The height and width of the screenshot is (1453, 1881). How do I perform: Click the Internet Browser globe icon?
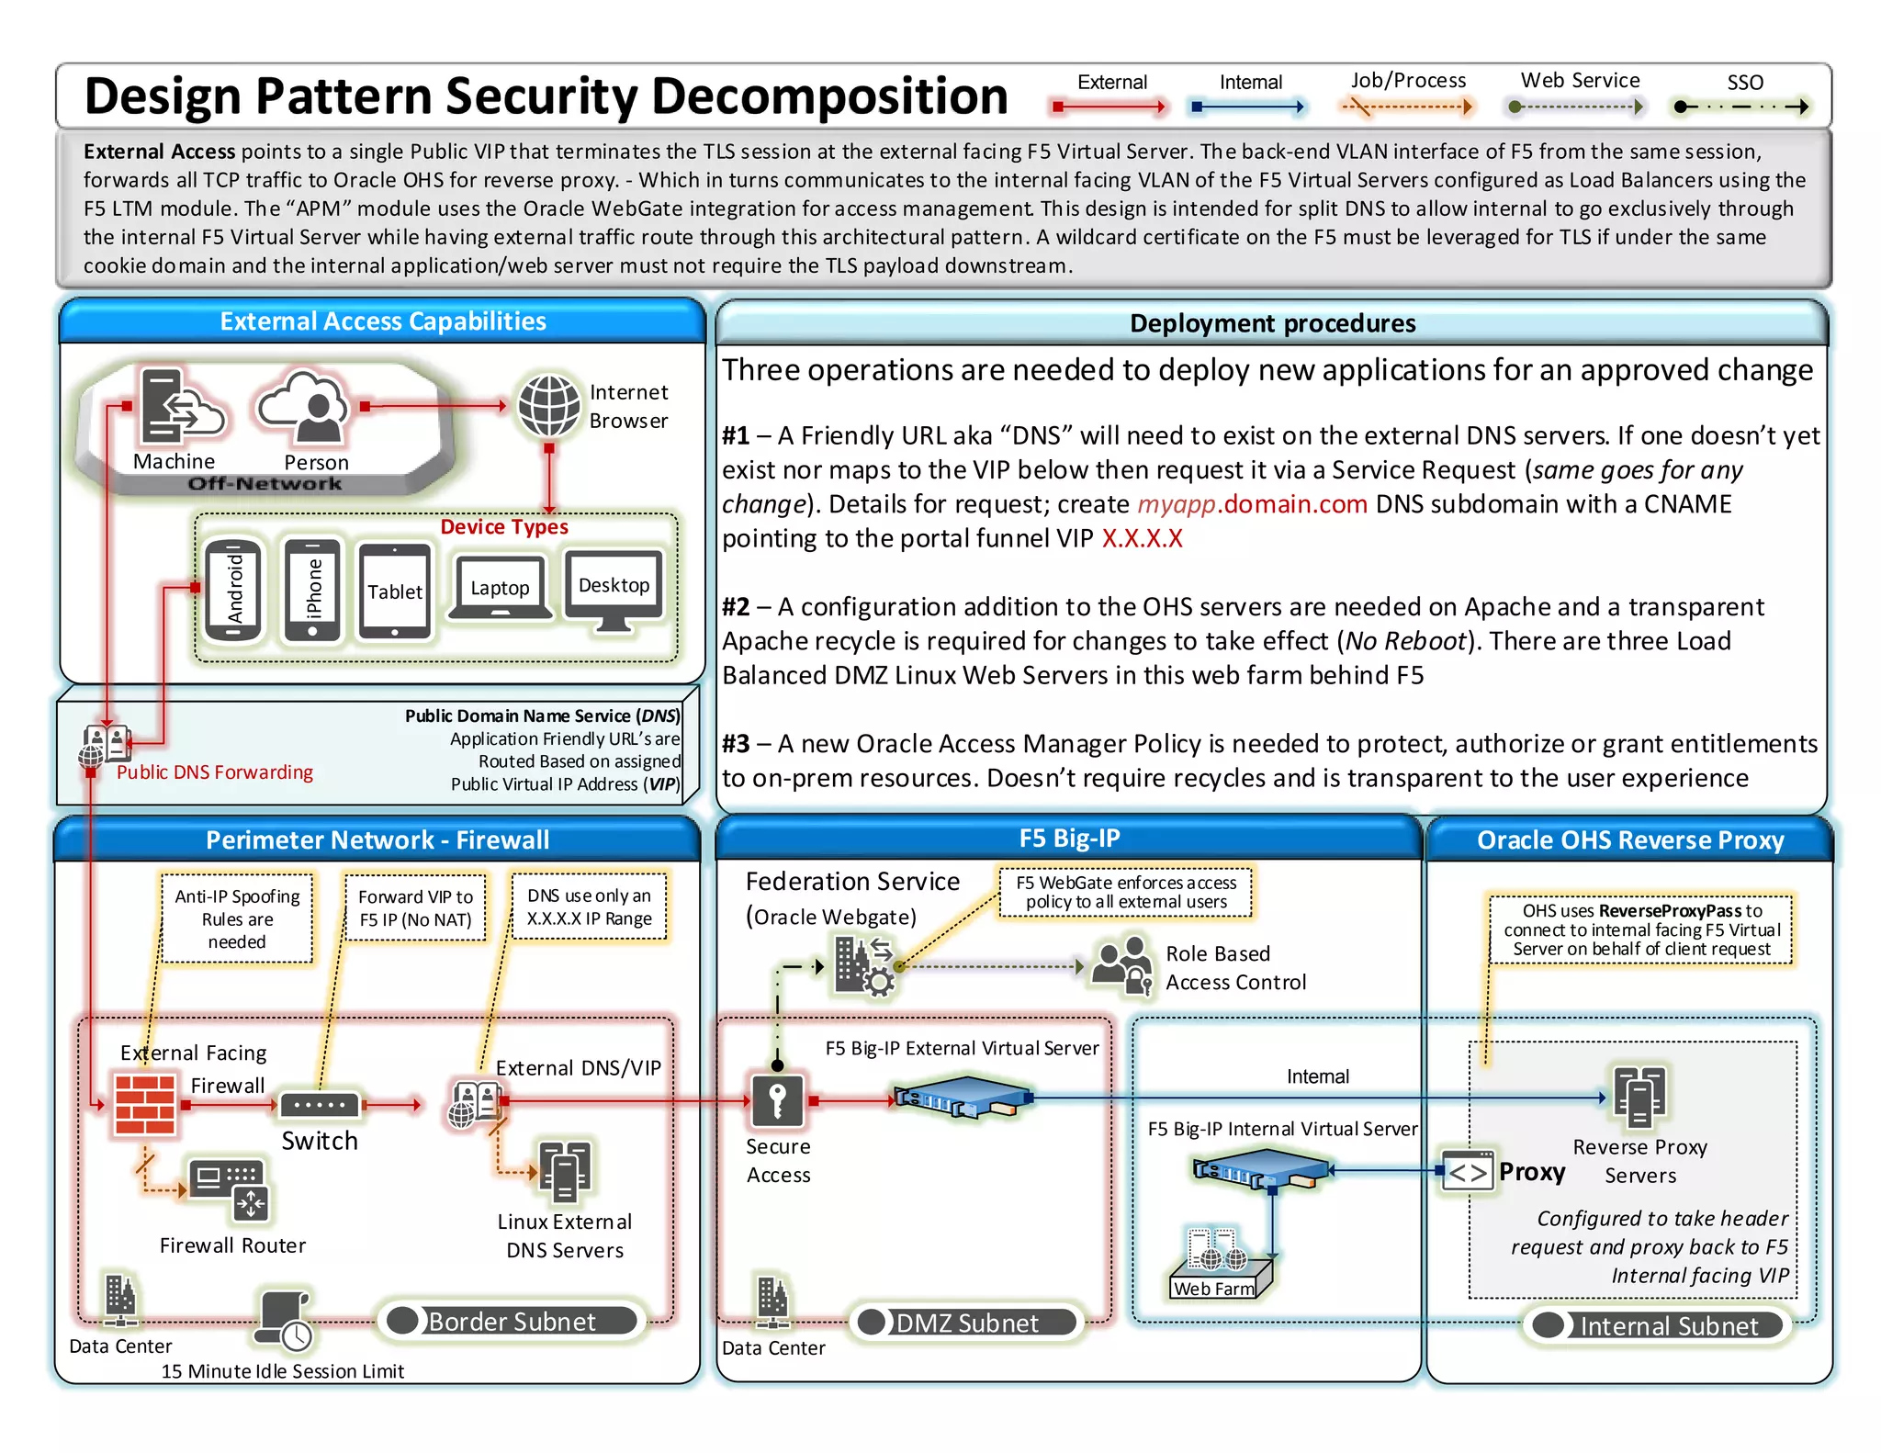[x=548, y=405]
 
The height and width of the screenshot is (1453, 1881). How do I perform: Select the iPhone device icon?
[x=312, y=589]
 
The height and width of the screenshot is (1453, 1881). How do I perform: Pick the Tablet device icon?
[x=395, y=591]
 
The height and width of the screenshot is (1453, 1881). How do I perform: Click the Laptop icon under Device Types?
[x=501, y=588]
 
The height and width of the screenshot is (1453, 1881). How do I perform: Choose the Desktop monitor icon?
[x=614, y=591]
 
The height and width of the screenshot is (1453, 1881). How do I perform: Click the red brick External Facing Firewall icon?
[x=145, y=1104]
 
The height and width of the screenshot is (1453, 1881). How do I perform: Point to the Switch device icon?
[x=320, y=1104]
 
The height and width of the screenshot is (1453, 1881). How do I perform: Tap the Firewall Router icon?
[x=230, y=1188]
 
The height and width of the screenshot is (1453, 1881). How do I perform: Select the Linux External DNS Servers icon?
[x=564, y=1171]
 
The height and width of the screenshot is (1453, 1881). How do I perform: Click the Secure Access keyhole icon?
[x=777, y=1100]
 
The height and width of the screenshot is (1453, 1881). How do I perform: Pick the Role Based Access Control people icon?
[x=1121, y=965]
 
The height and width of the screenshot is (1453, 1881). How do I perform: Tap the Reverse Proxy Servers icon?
[x=1639, y=1096]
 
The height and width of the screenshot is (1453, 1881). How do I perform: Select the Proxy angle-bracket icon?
[x=1467, y=1172]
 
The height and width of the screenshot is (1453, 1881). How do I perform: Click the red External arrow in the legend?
[x=1110, y=107]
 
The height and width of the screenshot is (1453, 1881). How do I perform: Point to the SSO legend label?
[x=1744, y=83]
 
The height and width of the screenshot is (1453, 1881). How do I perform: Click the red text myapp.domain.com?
[x=1252, y=504]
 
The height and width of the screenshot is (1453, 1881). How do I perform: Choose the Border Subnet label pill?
[x=512, y=1321]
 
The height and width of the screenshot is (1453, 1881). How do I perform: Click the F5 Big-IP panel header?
[x=1068, y=838]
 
